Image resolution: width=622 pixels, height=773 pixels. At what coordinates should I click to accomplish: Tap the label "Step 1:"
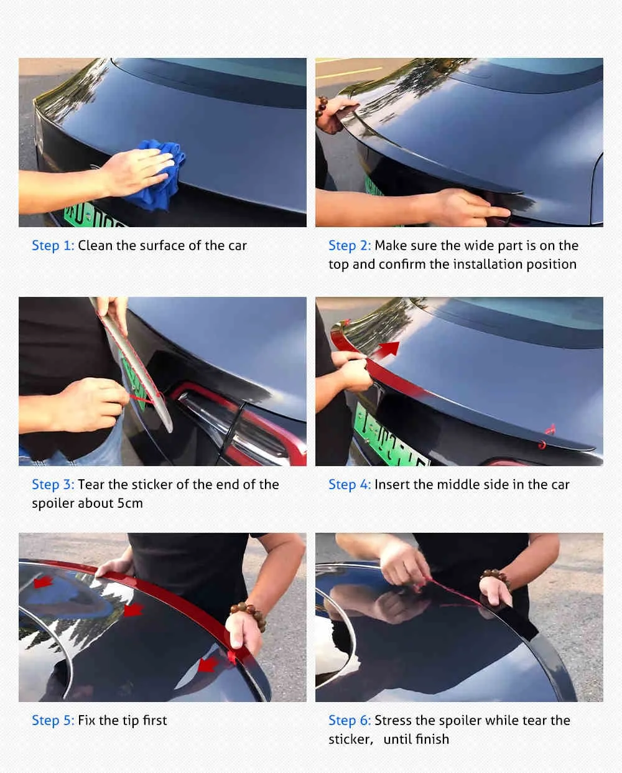[53, 246]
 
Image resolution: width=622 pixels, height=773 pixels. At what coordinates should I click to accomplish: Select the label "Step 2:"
[350, 246]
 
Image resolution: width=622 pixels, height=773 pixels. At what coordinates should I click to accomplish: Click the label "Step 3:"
[53, 485]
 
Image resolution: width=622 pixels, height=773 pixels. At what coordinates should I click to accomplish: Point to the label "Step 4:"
[350, 485]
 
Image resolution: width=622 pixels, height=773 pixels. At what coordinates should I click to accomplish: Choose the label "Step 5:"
[53, 720]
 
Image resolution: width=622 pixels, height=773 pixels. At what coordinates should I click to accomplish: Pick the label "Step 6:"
[350, 720]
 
